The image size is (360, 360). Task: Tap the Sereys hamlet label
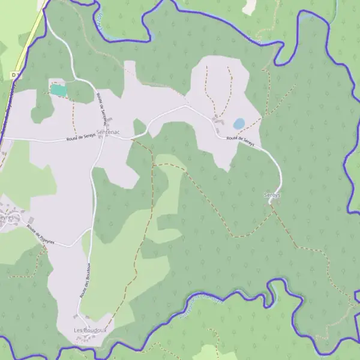(x=272, y=196)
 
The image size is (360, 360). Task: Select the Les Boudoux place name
(x=90, y=331)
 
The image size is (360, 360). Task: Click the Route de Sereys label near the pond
(x=241, y=139)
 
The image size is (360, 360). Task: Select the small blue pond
(x=239, y=124)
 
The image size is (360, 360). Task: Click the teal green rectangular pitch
(x=58, y=90)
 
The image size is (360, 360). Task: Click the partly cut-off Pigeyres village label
(x=6, y=218)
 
